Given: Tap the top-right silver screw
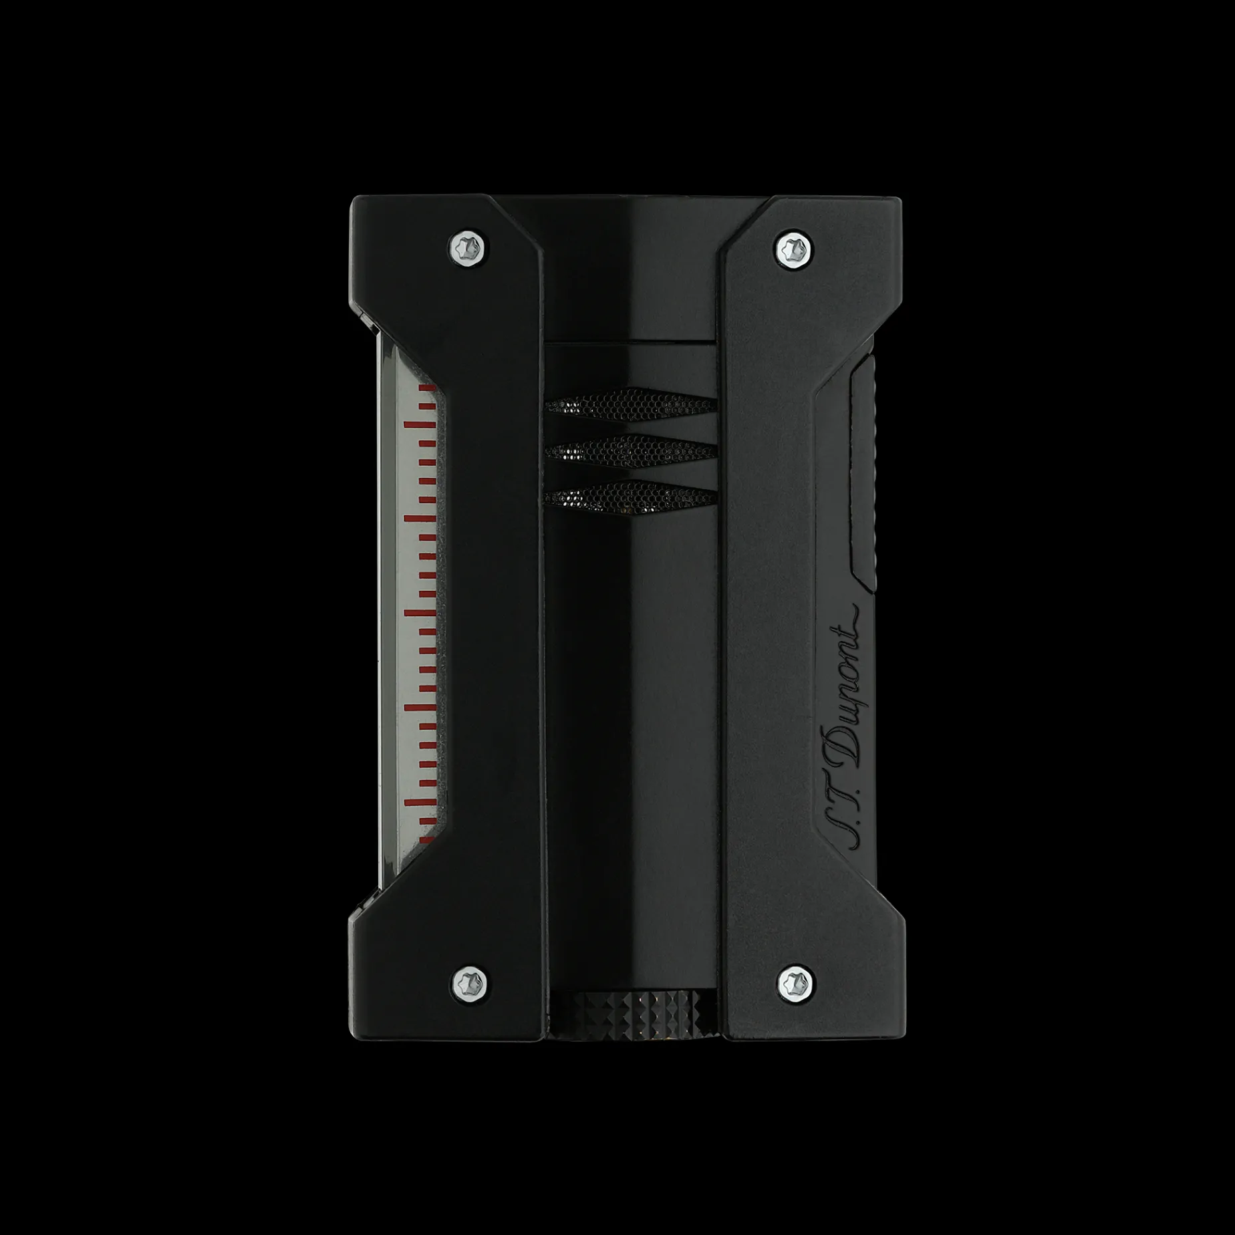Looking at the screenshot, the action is tap(795, 249).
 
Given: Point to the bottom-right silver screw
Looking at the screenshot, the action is tap(795, 982).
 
